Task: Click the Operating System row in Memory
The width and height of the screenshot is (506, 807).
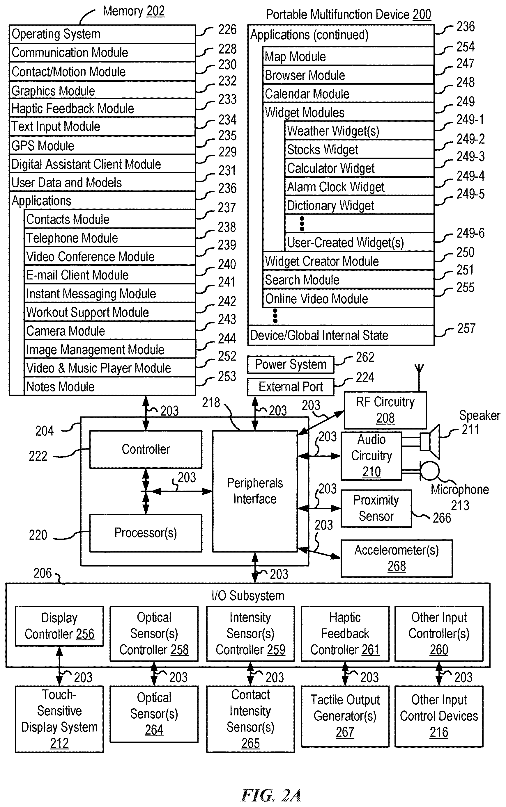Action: point(102,34)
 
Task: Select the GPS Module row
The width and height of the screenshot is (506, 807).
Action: point(102,145)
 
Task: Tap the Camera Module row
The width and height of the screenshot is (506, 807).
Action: point(110,331)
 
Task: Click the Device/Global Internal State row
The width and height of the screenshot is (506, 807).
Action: point(341,335)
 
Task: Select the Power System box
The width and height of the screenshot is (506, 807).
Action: point(291,364)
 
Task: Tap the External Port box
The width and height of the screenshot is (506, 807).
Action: point(291,387)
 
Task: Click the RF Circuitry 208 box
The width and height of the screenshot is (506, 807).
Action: point(385,410)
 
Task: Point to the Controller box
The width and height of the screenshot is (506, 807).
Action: point(146,449)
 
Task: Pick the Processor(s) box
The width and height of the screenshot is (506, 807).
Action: point(146,533)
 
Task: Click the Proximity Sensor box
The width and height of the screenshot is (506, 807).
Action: point(376,508)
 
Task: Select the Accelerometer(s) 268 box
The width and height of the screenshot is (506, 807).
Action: point(397,558)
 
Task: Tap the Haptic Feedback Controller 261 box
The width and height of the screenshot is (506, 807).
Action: point(345,633)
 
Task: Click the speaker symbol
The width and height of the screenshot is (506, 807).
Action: point(430,442)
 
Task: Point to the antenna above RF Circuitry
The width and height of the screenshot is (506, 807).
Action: point(419,378)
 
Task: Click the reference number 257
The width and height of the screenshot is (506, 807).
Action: point(466,328)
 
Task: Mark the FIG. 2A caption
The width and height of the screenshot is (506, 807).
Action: point(271,795)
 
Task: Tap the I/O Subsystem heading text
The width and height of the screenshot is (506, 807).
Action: point(248,596)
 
